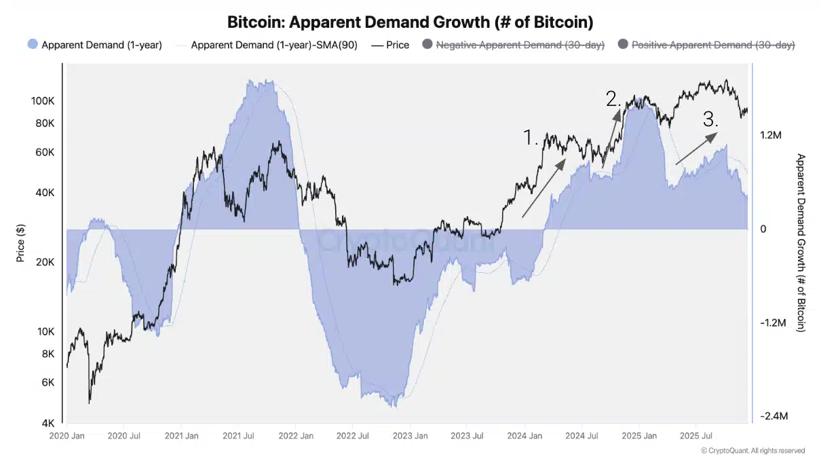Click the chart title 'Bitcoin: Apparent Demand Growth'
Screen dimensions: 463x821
coord(410,22)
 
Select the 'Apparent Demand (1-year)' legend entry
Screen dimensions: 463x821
coord(95,45)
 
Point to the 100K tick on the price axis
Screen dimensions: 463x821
coord(43,101)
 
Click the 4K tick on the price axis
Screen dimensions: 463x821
coord(47,424)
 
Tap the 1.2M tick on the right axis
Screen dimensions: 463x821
coord(771,136)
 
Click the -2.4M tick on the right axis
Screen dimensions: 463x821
coord(772,416)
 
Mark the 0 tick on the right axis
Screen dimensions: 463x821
coord(763,229)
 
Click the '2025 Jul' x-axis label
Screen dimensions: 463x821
coord(696,436)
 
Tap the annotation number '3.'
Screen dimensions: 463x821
coord(710,120)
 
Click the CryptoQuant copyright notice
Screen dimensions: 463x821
coord(753,451)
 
